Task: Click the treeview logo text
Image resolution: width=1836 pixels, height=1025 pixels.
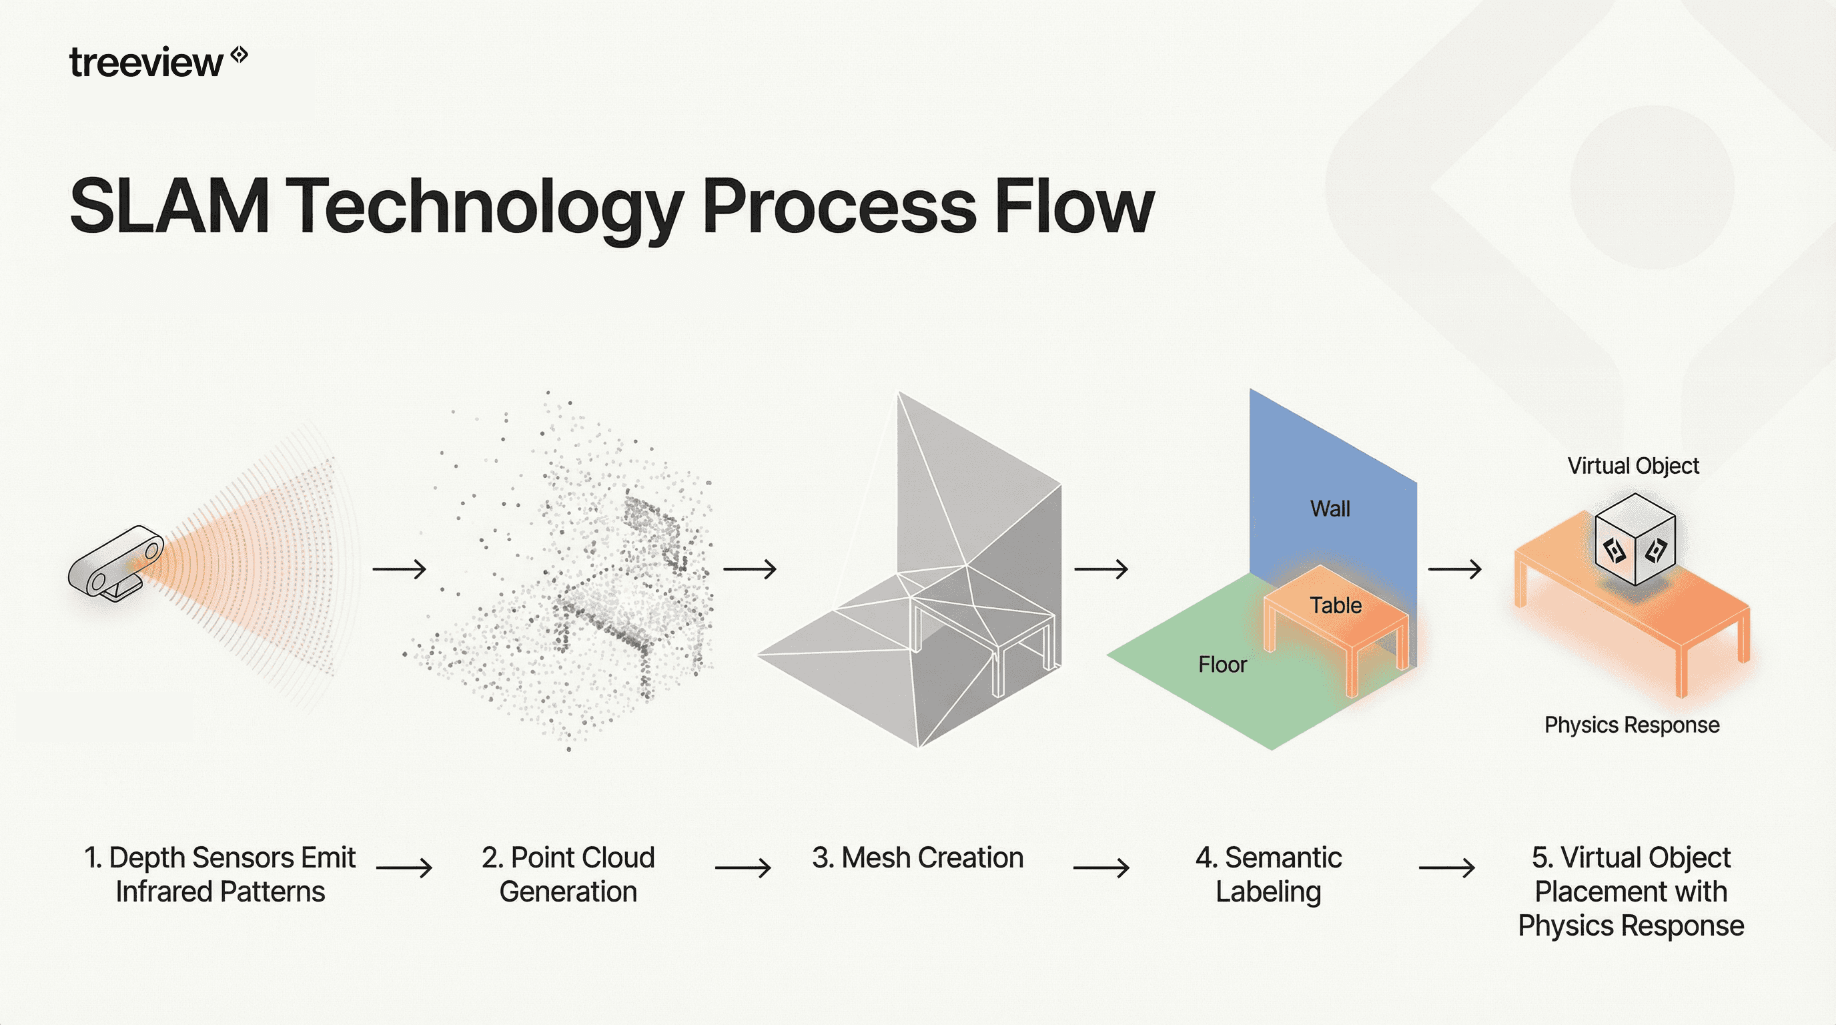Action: point(145,63)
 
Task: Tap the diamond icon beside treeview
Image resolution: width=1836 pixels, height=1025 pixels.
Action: point(240,54)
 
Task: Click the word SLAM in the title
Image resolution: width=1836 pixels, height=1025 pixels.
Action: point(169,207)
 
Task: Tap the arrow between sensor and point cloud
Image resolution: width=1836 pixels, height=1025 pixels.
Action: point(399,569)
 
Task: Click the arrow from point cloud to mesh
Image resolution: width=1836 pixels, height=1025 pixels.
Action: point(750,569)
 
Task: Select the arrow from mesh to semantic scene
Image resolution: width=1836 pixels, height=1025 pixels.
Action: point(1101,569)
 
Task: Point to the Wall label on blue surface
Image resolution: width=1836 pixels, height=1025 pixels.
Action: point(1330,509)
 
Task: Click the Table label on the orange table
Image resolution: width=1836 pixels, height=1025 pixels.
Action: point(1336,605)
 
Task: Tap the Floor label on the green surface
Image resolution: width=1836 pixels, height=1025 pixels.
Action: point(1222,665)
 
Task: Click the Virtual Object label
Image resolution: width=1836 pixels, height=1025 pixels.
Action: point(1633,466)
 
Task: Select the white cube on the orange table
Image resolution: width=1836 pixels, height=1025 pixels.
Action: point(1635,540)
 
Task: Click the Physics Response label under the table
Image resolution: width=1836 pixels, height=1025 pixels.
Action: point(1631,725)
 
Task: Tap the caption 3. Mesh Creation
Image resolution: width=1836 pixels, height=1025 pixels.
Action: point(917,858)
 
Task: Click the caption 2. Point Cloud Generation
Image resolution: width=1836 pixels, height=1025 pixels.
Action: point(568,874)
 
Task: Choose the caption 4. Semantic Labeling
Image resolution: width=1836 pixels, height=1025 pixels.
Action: point(1269,874)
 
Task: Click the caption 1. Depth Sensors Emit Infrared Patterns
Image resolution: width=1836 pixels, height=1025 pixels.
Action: point(219,874)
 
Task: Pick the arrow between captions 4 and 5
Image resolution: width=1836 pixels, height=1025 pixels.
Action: point(1447,868)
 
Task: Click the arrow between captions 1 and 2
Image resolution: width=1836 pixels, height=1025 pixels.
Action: point(404,868)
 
